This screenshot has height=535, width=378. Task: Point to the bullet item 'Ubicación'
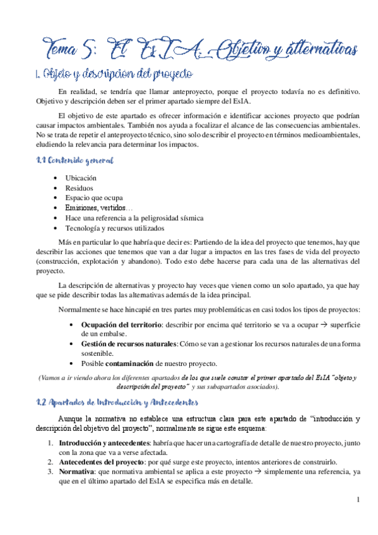pos(81,179)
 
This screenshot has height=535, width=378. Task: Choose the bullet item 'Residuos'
pos(80,188)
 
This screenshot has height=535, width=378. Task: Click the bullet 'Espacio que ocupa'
pos(94,198)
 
